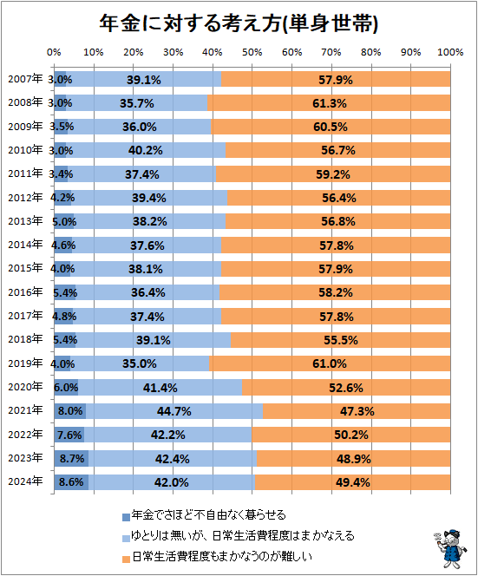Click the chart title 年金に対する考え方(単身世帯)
point(238,23)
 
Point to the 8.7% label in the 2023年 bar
point(71,458)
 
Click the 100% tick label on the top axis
point(449,53)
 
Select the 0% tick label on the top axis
point(54,53)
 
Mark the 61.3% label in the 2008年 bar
point(330,103)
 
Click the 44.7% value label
point(174,410)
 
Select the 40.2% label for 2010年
point(144,150)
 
